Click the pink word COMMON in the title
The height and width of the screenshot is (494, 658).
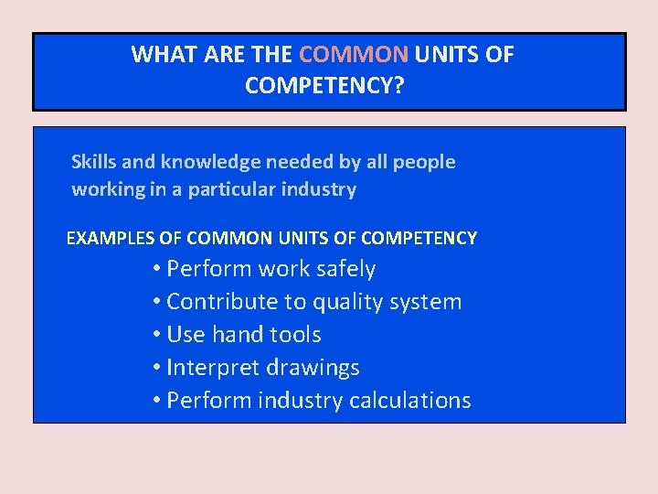point(353,54)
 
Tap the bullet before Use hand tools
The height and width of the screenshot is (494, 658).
point(158,335)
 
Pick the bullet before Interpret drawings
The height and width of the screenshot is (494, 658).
point(158,368)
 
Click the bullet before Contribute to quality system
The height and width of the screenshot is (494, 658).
point(158,302)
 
